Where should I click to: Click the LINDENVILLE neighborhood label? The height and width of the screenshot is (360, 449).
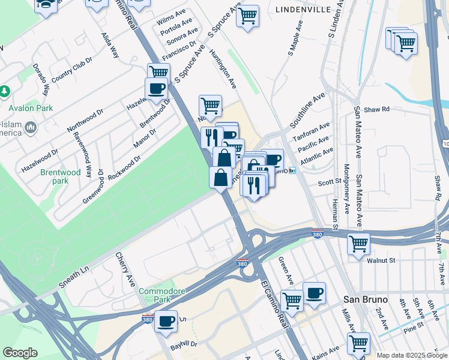coord(304,10)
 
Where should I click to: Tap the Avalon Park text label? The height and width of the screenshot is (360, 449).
coord(31,109)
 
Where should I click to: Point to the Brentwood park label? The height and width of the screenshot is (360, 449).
coord(60,176)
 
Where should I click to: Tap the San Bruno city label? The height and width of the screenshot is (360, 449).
coord(365,299)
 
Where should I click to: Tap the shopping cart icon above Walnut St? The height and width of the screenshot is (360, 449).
coord(358,244)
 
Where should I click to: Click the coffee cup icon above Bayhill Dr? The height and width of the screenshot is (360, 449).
coord(166,320)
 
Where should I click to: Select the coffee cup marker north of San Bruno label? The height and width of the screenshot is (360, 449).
coord(314,293)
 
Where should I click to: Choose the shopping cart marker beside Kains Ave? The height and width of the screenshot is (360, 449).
coord(358,343)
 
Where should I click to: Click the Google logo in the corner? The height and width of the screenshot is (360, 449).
coord(20,353)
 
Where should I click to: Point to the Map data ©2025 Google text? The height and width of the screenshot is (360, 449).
coord(411,355)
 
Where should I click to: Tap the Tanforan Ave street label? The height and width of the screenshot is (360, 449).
coord(312,133)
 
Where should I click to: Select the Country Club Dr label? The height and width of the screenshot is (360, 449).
coord(71,70)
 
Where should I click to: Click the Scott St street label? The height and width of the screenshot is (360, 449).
coord(329,181)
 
